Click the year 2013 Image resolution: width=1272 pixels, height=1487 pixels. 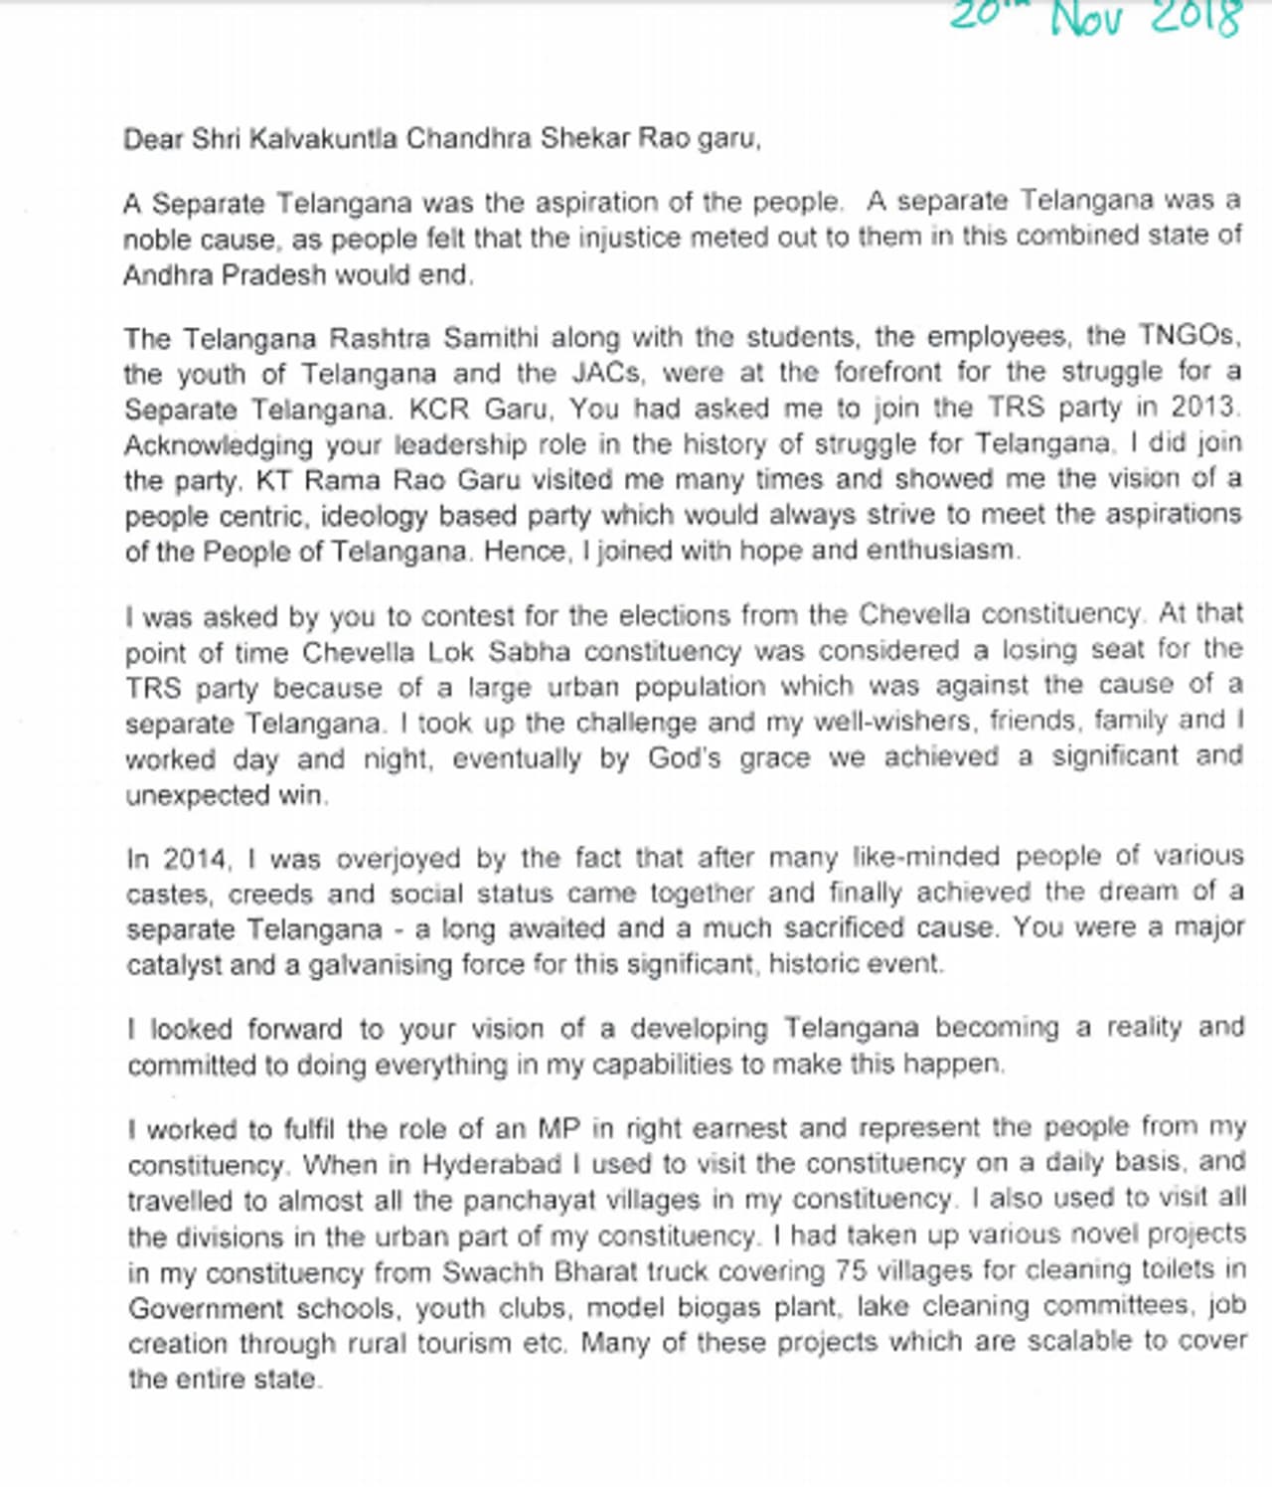click(1203, 408)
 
